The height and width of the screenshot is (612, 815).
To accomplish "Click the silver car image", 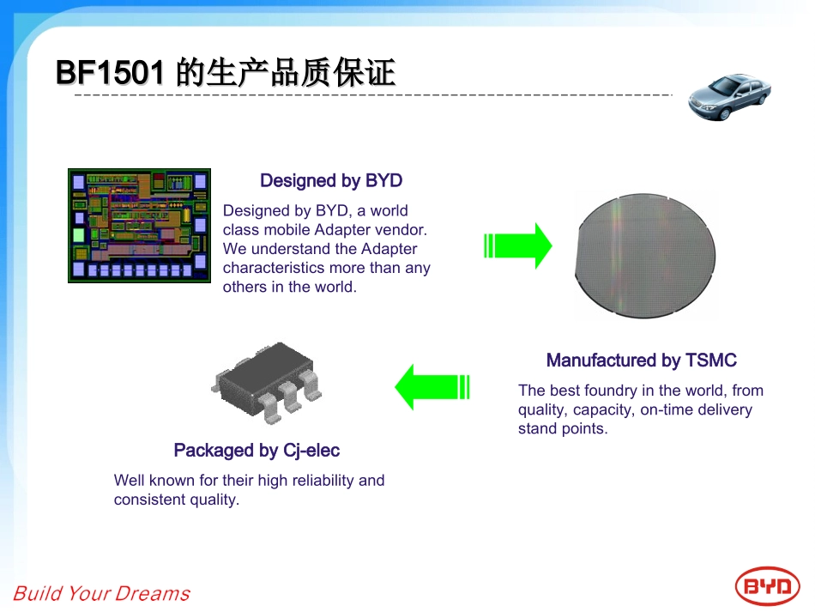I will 729,96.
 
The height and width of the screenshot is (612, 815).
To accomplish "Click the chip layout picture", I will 139,225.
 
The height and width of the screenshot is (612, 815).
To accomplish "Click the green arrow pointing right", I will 518,246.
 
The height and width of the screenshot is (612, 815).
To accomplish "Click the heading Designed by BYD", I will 331,181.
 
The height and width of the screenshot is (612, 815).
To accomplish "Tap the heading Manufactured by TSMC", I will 641,361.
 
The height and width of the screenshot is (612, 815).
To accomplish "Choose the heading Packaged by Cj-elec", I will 257,451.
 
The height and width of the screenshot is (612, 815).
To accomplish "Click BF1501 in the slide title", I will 110,74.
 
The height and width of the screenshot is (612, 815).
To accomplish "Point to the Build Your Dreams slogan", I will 101,593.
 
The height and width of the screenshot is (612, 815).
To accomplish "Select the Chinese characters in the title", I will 286,74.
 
